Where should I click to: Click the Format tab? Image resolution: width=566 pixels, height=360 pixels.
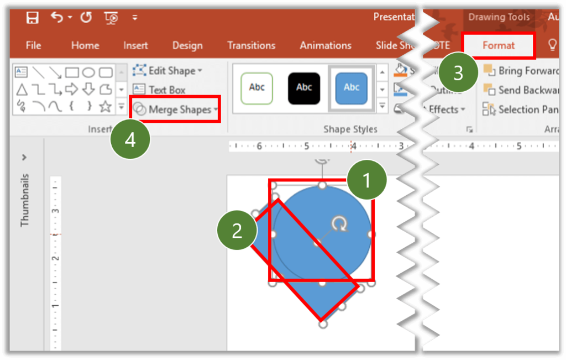click(498, 45)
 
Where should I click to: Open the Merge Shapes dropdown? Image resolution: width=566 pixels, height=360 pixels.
click(175, 109)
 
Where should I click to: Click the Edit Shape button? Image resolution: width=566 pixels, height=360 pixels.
click(167, 71)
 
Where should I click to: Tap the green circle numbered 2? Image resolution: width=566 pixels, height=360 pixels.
click(237, 231)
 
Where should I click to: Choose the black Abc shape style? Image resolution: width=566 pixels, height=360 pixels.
click(304, 88)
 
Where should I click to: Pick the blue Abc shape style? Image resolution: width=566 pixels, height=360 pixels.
click(352, 88)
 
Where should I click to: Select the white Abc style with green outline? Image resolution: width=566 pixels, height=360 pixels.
click(257, 88)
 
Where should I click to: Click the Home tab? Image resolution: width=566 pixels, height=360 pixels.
click(85, 45)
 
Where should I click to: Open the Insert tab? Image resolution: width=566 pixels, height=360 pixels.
click(135, 45)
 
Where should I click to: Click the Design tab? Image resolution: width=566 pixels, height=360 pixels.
click(188, 45)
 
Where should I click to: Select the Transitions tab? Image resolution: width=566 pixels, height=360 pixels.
click(251, 45)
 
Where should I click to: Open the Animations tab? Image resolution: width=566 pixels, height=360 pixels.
click(326, 45)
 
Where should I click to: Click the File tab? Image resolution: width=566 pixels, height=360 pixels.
click(33, 45)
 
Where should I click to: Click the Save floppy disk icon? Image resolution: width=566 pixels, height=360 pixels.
click(33, 18)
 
